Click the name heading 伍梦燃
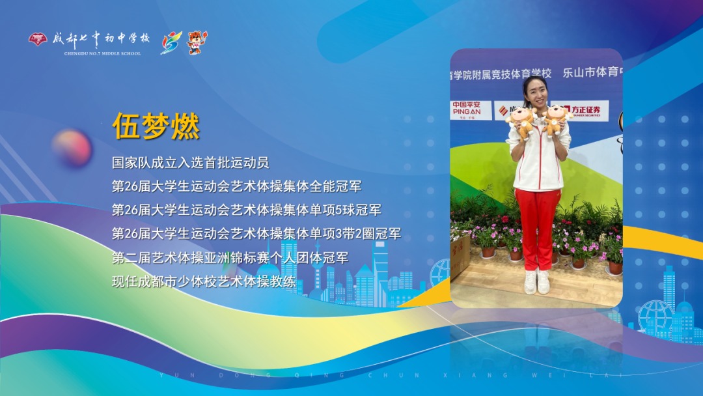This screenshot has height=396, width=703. [156, 126]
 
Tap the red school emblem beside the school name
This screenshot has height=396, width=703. [38, 40]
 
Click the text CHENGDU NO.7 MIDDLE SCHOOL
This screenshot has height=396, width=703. [102, 53]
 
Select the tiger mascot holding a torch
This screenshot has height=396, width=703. [197, 42]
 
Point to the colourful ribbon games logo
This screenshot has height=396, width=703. [171, 43]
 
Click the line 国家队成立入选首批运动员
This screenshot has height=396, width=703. [190, 162]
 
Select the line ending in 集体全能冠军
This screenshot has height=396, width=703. [236, 186]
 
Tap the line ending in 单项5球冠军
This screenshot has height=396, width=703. [246, 210]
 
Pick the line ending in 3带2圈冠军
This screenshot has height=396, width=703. [256, 233]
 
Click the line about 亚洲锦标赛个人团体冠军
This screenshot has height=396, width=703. [230, 257]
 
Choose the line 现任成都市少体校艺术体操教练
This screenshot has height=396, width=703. [204, 281]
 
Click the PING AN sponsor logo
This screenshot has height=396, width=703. [467, 109]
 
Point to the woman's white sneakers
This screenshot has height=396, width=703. [537, 281]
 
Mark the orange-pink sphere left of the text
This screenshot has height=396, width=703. [72, 147]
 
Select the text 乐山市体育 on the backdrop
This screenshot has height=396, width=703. [590, 72]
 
